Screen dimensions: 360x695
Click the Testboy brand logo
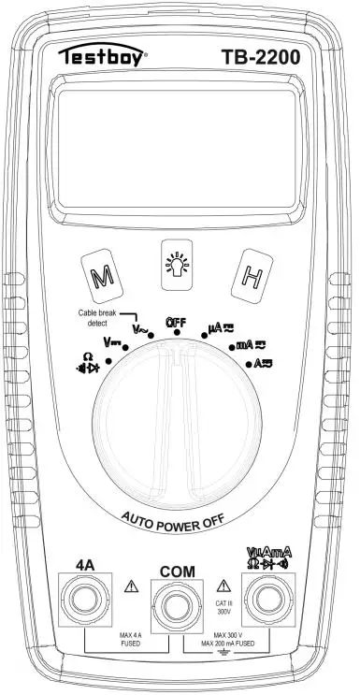click(103, 58)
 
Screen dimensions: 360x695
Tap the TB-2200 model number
click(261, 58)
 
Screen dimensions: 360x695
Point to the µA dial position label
click(219, 330)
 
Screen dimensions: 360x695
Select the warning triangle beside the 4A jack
click(128, 586)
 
